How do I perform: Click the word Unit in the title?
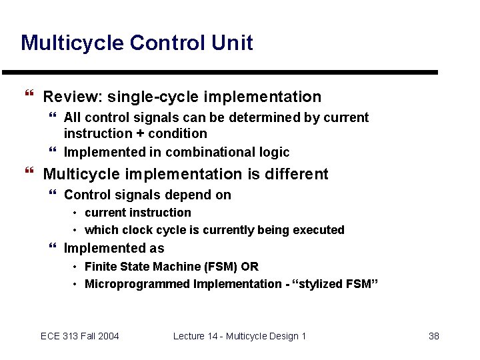(231, 43)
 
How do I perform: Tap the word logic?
(275, 152)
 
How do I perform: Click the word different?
(295, 174)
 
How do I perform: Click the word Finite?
(101, 267)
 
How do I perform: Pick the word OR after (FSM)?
(249, 267)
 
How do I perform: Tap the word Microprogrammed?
(137, 284)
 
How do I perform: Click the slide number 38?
(433, 336)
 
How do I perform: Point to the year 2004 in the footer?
(107, 336)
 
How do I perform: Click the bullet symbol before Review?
(27, 97)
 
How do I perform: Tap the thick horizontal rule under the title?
(220, 72)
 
